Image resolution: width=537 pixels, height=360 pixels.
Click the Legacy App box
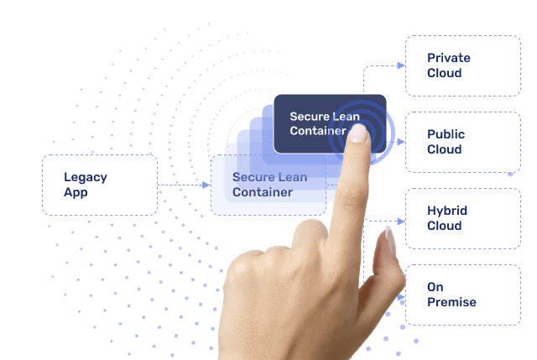[100, 185]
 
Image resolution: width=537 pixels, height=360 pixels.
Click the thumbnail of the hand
[390, 243]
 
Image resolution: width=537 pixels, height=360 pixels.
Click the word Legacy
[86, 177]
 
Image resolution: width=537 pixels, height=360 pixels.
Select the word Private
[449, 58]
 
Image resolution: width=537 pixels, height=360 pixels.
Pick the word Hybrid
[447, 211]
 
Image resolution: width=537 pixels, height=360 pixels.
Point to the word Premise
[451, 302]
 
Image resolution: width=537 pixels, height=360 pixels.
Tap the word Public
[446, 134]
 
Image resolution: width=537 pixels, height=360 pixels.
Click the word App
[76, 192]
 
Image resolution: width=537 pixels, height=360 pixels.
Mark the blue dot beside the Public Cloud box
[510, 174]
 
